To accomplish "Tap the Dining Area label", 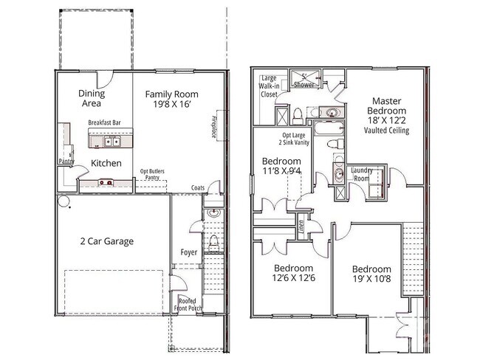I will (x=92, y=98).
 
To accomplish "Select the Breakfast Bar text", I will (x=104, y=122).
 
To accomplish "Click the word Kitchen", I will (x=106, y=163).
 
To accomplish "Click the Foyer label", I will (x=189, y=252).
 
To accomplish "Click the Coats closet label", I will (x=197, y=187).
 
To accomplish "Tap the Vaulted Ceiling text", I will (x=386, y=131).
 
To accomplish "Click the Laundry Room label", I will (x=361, y=173).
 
